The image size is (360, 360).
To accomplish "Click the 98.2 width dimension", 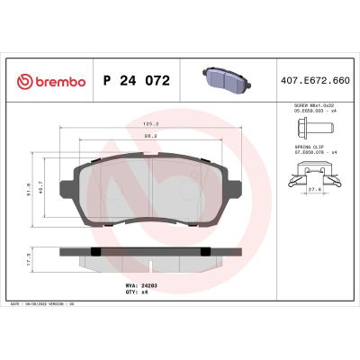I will (149, 136).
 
